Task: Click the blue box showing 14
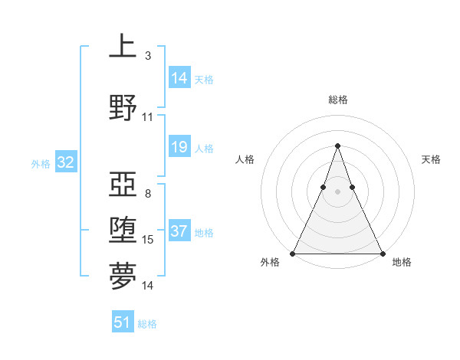coord(179,78)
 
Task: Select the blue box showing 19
coord(179,147)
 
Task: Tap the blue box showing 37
coord(179,231)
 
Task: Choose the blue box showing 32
coord(65,162)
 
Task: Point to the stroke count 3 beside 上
coord(148,56)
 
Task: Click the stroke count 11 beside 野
coord(148,117)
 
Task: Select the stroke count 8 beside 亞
coord(148,193)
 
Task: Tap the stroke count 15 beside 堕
coord(148,240)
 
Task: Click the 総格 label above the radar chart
coord(337,100)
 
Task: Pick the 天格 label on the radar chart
coord(432,159)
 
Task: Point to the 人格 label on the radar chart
coord(245,159)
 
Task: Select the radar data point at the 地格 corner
coord(383,254)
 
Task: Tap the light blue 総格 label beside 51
coord(147,324)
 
